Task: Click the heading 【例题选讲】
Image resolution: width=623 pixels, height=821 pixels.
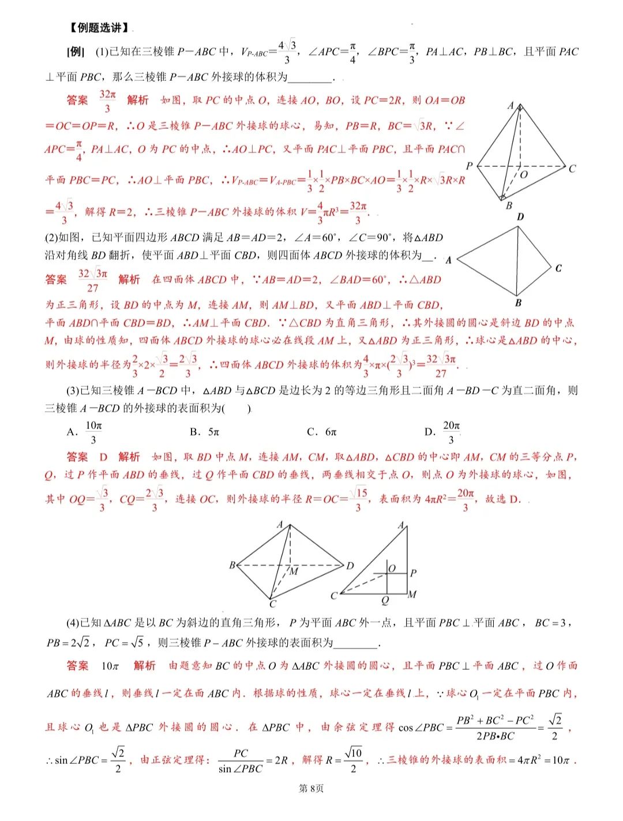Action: (x=99, y=28)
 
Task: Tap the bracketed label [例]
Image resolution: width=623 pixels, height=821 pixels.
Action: (x=76, y=52)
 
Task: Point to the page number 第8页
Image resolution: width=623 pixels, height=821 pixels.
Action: (x=311, y=788)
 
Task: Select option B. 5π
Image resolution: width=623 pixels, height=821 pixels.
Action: (x=205, y=432)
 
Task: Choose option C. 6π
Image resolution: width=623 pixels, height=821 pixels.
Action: (x=322, y=432)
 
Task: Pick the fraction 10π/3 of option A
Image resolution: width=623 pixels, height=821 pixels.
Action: (x=93, y=432)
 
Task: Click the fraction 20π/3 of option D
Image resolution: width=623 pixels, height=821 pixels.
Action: (x=451, y=432)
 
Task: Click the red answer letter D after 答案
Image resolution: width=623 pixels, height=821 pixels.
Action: (x=103, y=457)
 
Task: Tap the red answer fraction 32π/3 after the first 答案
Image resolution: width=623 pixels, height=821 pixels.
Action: (x=108, y=101)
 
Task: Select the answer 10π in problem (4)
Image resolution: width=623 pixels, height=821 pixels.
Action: (x=110, y=666)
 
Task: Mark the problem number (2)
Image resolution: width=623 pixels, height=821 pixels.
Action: (x=51, y=237)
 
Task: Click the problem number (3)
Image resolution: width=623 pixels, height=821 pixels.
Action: (x=73, y=391)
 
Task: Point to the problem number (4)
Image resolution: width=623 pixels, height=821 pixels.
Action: (x=73, y=623)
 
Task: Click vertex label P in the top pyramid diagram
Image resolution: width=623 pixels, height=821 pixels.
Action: (x=469, y=166)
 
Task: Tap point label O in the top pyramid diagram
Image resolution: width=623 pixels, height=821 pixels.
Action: (x=524, y=174)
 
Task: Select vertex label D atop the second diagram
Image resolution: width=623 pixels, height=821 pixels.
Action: (x=520, y=217)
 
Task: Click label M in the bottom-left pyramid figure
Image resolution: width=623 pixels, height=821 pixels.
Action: (x=294, y=571)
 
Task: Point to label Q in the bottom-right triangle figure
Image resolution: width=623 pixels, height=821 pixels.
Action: (x=385, y=600)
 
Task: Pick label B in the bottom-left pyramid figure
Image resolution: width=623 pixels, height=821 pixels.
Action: (x=232, y=565)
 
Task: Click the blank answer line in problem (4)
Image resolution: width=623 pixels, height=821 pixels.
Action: (x=356, y=643)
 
